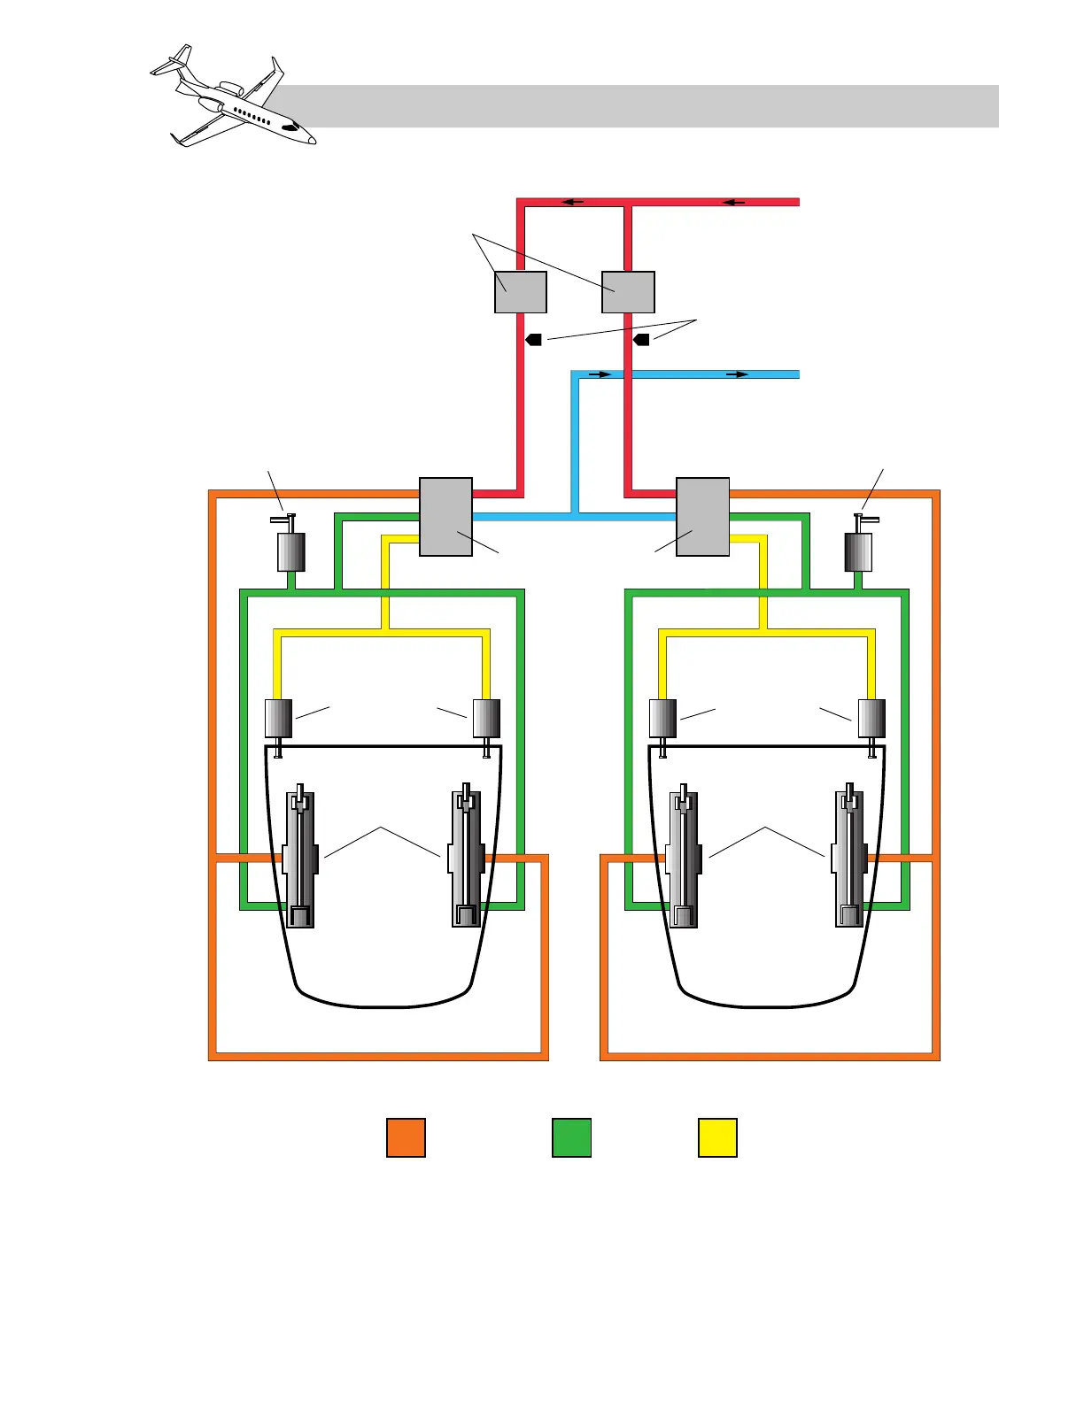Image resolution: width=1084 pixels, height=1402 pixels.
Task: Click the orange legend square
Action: [406, 1137]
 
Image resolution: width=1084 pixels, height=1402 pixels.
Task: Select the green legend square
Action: [571, 1137]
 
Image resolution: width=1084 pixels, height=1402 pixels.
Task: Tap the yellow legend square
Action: [717, 1137]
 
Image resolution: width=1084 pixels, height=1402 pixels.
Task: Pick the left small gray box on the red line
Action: [520, 292]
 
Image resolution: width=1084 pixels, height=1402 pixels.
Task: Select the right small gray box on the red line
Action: [628, 292]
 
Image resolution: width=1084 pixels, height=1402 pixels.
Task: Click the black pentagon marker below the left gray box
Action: [533, 339]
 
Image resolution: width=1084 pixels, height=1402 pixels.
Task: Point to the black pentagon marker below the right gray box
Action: [641, 339]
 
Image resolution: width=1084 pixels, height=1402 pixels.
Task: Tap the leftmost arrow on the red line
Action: [573, 202]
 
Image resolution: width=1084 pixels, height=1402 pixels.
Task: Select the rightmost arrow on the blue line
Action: [738, 374]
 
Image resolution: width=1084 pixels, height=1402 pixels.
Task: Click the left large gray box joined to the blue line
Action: [445, 517]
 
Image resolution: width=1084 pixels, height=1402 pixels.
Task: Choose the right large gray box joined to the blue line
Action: [702, 517]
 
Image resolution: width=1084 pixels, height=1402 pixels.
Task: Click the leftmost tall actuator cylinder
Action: [301, 857]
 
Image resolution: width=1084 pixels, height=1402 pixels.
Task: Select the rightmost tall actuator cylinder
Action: [850, 857]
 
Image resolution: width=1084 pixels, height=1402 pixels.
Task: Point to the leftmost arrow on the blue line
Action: [600, 374]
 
